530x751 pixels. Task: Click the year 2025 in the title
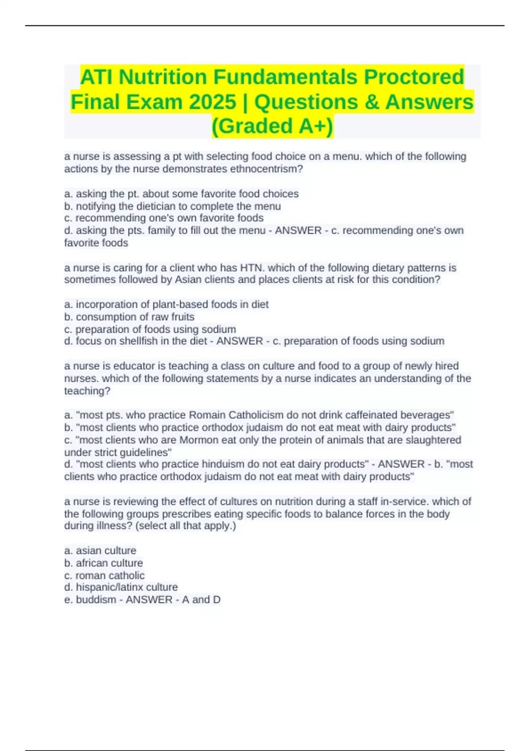click(x=212, y=102)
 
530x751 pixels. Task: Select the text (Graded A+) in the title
click(x=273, y=126)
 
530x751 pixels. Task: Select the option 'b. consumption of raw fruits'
click(x=129, y=317)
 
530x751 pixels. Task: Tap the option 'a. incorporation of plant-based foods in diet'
click(x=167, y=304)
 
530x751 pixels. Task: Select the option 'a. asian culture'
click(x=100, y=550)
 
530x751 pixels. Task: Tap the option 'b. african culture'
click(x=103, y=563)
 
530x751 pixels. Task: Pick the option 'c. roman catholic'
click(x=104, y=575)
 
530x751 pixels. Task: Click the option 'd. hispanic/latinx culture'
click(x=121, y=587)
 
